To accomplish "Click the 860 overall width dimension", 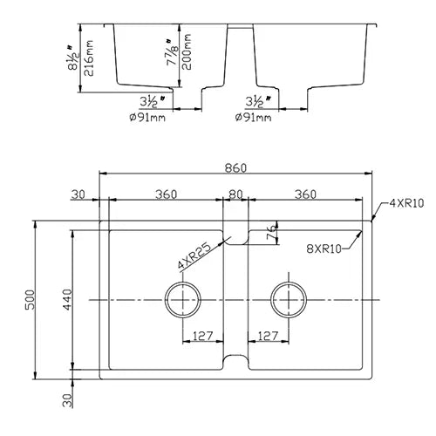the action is click(x=235, y=168).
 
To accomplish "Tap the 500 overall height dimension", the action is click(x=30, y=300).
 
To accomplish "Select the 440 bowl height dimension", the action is click(x=67, y=300).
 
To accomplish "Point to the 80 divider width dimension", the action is click(x=235, y=194).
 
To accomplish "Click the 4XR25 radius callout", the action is click(x=194, y=255).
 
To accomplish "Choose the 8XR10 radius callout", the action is click(x=324, y=249).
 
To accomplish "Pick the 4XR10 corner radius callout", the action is click(x=406, y=203).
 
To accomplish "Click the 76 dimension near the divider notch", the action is click(x=271, y=232).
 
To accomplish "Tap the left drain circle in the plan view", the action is click(x=183, y=300).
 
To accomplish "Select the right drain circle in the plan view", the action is click(x=289, y=300).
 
